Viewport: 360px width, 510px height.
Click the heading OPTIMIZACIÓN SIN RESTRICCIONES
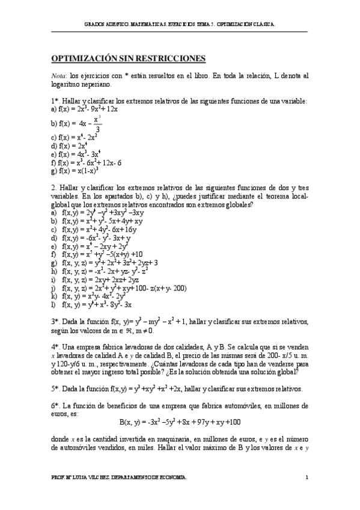click(x=129, y=58)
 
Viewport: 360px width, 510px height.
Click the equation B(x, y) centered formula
click(x=180, y=422)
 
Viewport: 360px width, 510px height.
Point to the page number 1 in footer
click(x=306, y=478)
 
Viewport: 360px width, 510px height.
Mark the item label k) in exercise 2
click(x=55, y=296)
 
